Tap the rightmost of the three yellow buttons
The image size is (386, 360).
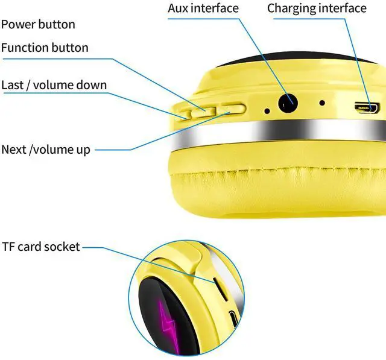(x=233, y=109)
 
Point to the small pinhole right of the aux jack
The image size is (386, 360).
(x=322, y=103)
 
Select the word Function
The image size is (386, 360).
(x=25, y=48)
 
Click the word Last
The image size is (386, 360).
(x=12, y=85)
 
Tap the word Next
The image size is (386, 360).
(x=13, y=150)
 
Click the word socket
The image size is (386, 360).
(x=63, y=247)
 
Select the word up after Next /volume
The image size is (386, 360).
(x=83, y=150)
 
